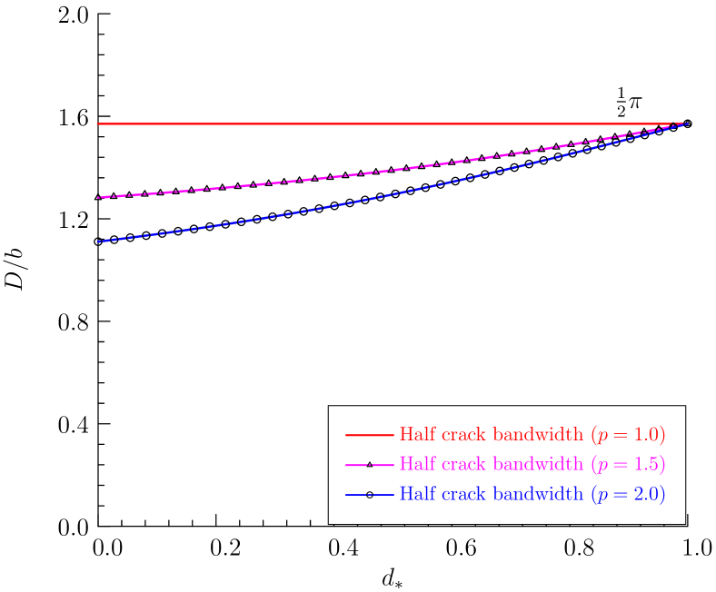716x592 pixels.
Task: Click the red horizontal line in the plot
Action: pos(363,123)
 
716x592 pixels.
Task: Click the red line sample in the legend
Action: pos(369,436)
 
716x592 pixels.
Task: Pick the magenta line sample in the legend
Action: pos(369,465)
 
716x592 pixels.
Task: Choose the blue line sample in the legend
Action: pos(369,495)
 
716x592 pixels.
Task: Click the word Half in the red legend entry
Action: pos(417,435)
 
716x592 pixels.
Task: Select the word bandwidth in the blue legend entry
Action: pos(537,495)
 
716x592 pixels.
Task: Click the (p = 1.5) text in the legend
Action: pos(628,465)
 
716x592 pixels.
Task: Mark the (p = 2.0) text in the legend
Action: pos(628,495)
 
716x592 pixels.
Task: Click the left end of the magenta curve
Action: pos(97,197)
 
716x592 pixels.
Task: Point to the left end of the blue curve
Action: pos(97,242)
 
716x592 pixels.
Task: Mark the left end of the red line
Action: pos(97,123)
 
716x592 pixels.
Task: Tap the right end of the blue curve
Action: pos(687,123)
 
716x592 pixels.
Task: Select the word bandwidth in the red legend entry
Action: pos(537,435)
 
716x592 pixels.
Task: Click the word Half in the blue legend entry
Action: pos(417,495)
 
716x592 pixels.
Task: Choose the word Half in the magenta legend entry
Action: pos(417,465)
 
